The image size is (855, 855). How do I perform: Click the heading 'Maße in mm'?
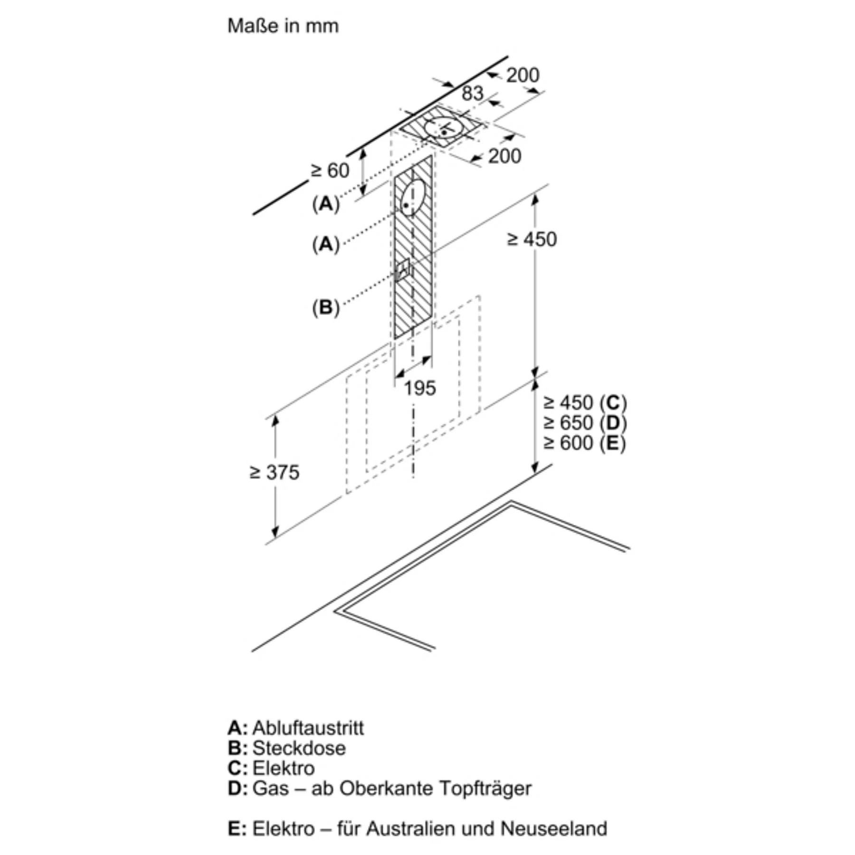[283, 26]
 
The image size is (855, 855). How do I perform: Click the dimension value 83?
[472, 93]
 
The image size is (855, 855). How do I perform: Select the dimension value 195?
[419, 388]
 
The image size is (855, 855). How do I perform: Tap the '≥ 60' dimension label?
[330, 171]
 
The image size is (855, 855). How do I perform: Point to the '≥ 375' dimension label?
[275, 472]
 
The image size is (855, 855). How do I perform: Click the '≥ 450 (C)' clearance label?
[585, 403]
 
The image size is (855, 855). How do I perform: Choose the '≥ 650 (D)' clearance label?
[585, 423]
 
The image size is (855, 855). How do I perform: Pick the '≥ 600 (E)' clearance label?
[585, 443]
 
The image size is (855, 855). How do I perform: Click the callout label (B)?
[326, 307]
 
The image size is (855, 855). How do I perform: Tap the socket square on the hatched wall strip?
[403, 270]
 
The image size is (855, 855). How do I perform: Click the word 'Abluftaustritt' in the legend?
[308, 728]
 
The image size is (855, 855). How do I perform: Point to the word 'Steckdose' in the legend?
[299, 748]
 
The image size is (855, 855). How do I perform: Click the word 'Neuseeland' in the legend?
[554, 828]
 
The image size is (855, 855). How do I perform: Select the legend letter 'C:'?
[237, 768]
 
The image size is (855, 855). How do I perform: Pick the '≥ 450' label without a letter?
[532, 239]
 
